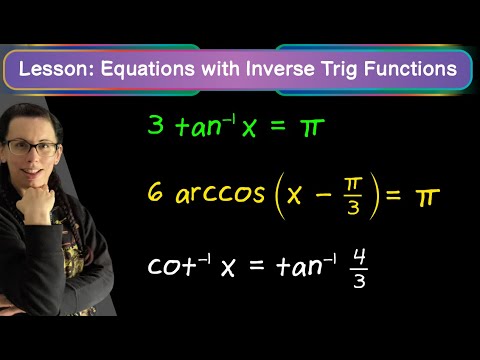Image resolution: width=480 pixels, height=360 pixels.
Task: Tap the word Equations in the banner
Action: tap(148, 69)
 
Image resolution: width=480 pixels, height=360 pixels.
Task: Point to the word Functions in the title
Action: tap(410, 69)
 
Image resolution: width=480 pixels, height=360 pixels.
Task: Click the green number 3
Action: tap(156, 125)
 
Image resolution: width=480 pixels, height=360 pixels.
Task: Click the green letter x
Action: tap(249, 128)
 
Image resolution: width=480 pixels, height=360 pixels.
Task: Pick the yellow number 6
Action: tap(155, 192)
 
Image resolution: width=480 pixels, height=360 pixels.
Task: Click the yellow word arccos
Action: tap(220, 194)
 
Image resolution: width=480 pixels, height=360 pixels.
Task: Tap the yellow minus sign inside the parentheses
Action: tap(323, 194)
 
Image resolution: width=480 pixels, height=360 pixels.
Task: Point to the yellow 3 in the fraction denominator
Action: tap(353, 208)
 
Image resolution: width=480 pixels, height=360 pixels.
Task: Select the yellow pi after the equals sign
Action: tap(427, 196)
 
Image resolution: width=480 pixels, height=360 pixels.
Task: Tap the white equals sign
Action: tap(257, 265)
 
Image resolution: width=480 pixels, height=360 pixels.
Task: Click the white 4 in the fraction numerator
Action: tap(360, 257)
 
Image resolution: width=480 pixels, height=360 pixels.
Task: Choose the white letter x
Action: tap(228, 268)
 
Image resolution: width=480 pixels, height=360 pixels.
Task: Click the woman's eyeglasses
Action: tap(32, 147)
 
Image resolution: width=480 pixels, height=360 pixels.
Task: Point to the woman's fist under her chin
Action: tap(35, 204)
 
